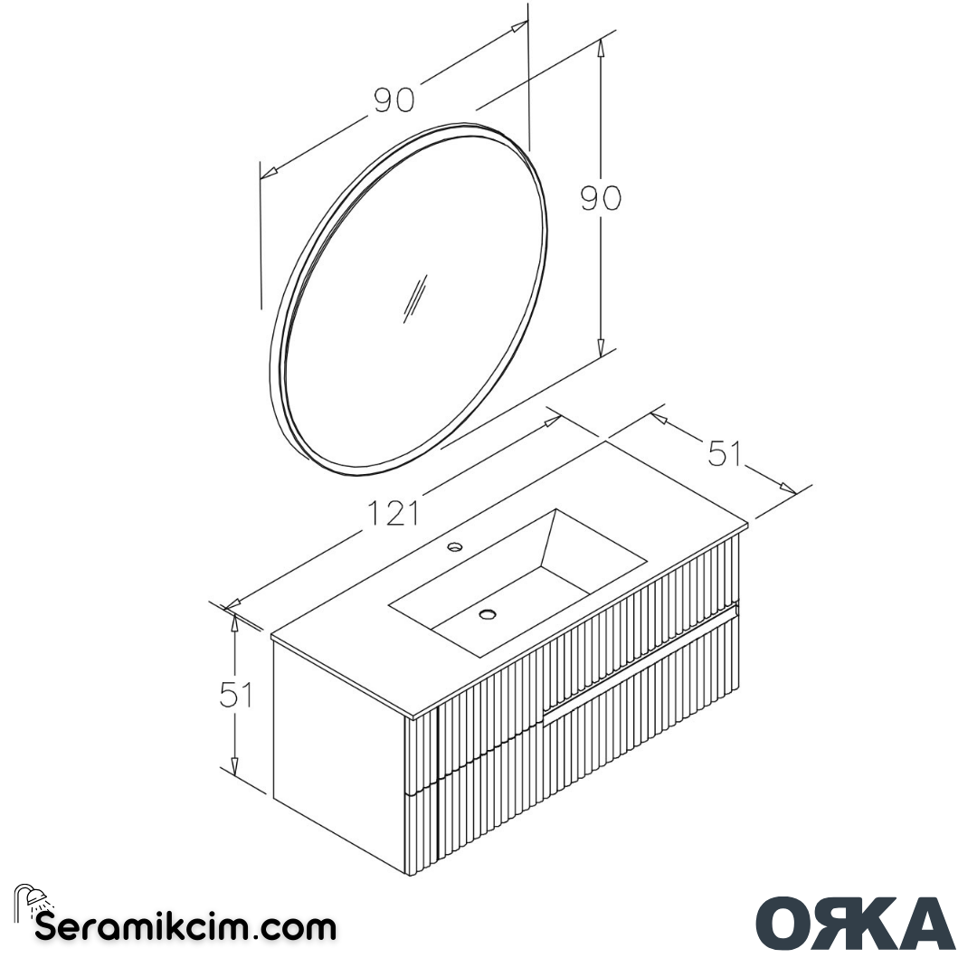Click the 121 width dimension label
(x=394, y=514)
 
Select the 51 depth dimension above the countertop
(x=724, y=453)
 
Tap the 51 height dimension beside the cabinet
(x=236, y=695)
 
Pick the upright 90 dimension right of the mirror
(x=601, y=197)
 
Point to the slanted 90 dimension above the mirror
(x=394, y=100)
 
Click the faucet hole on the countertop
(x=455, y=546)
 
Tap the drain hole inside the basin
(x=488, y=615)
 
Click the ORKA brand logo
(x=855, y=923)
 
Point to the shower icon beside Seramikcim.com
(x=33, y=901)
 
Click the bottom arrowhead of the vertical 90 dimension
(x=601, y=347)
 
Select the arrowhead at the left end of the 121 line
(x=232, y=603)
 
